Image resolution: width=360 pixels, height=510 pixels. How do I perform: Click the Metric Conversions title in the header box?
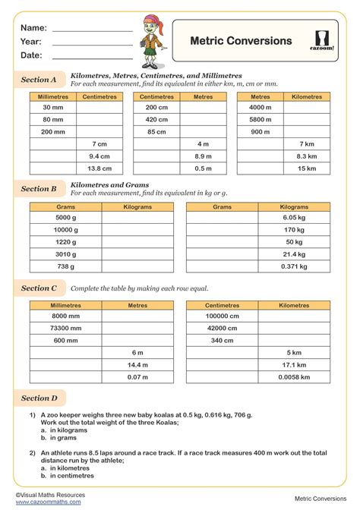coord(240,41)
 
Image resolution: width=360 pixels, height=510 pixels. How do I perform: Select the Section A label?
coord(39,79)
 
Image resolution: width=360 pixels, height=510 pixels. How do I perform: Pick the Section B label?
coord(39,189)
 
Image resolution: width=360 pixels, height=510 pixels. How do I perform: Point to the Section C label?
coord(39,288)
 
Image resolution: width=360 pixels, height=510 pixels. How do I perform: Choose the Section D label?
coord(39,398)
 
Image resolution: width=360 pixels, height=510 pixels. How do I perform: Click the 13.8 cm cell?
coord(99,168)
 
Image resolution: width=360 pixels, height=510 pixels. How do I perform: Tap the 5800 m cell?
coord(261,119)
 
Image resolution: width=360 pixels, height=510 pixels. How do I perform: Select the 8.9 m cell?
coord(203,156)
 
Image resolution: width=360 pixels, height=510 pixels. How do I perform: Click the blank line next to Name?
coord(92,28)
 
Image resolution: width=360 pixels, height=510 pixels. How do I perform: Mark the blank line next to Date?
coord(92,55)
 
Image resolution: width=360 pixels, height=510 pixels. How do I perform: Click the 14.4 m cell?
coord(137,365)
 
